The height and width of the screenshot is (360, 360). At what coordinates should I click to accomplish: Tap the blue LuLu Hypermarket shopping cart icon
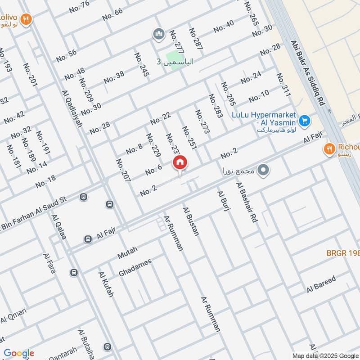[305, 121]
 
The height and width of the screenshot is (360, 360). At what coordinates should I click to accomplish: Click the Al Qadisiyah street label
[72, 108]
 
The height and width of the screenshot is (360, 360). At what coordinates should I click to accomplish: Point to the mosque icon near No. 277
[158, 34]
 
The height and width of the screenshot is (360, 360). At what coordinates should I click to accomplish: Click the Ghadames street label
[135, 268]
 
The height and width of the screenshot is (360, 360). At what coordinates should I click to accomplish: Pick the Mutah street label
[127, 252]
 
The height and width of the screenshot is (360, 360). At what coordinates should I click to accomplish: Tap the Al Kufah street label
[106, 284]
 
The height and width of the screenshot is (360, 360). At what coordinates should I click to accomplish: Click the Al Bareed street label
[321, 284]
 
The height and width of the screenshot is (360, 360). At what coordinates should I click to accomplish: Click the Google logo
[18, 353]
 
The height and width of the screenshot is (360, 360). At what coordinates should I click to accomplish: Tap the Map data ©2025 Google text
[325, 355]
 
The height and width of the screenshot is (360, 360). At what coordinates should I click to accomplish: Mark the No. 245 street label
[141, 64]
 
